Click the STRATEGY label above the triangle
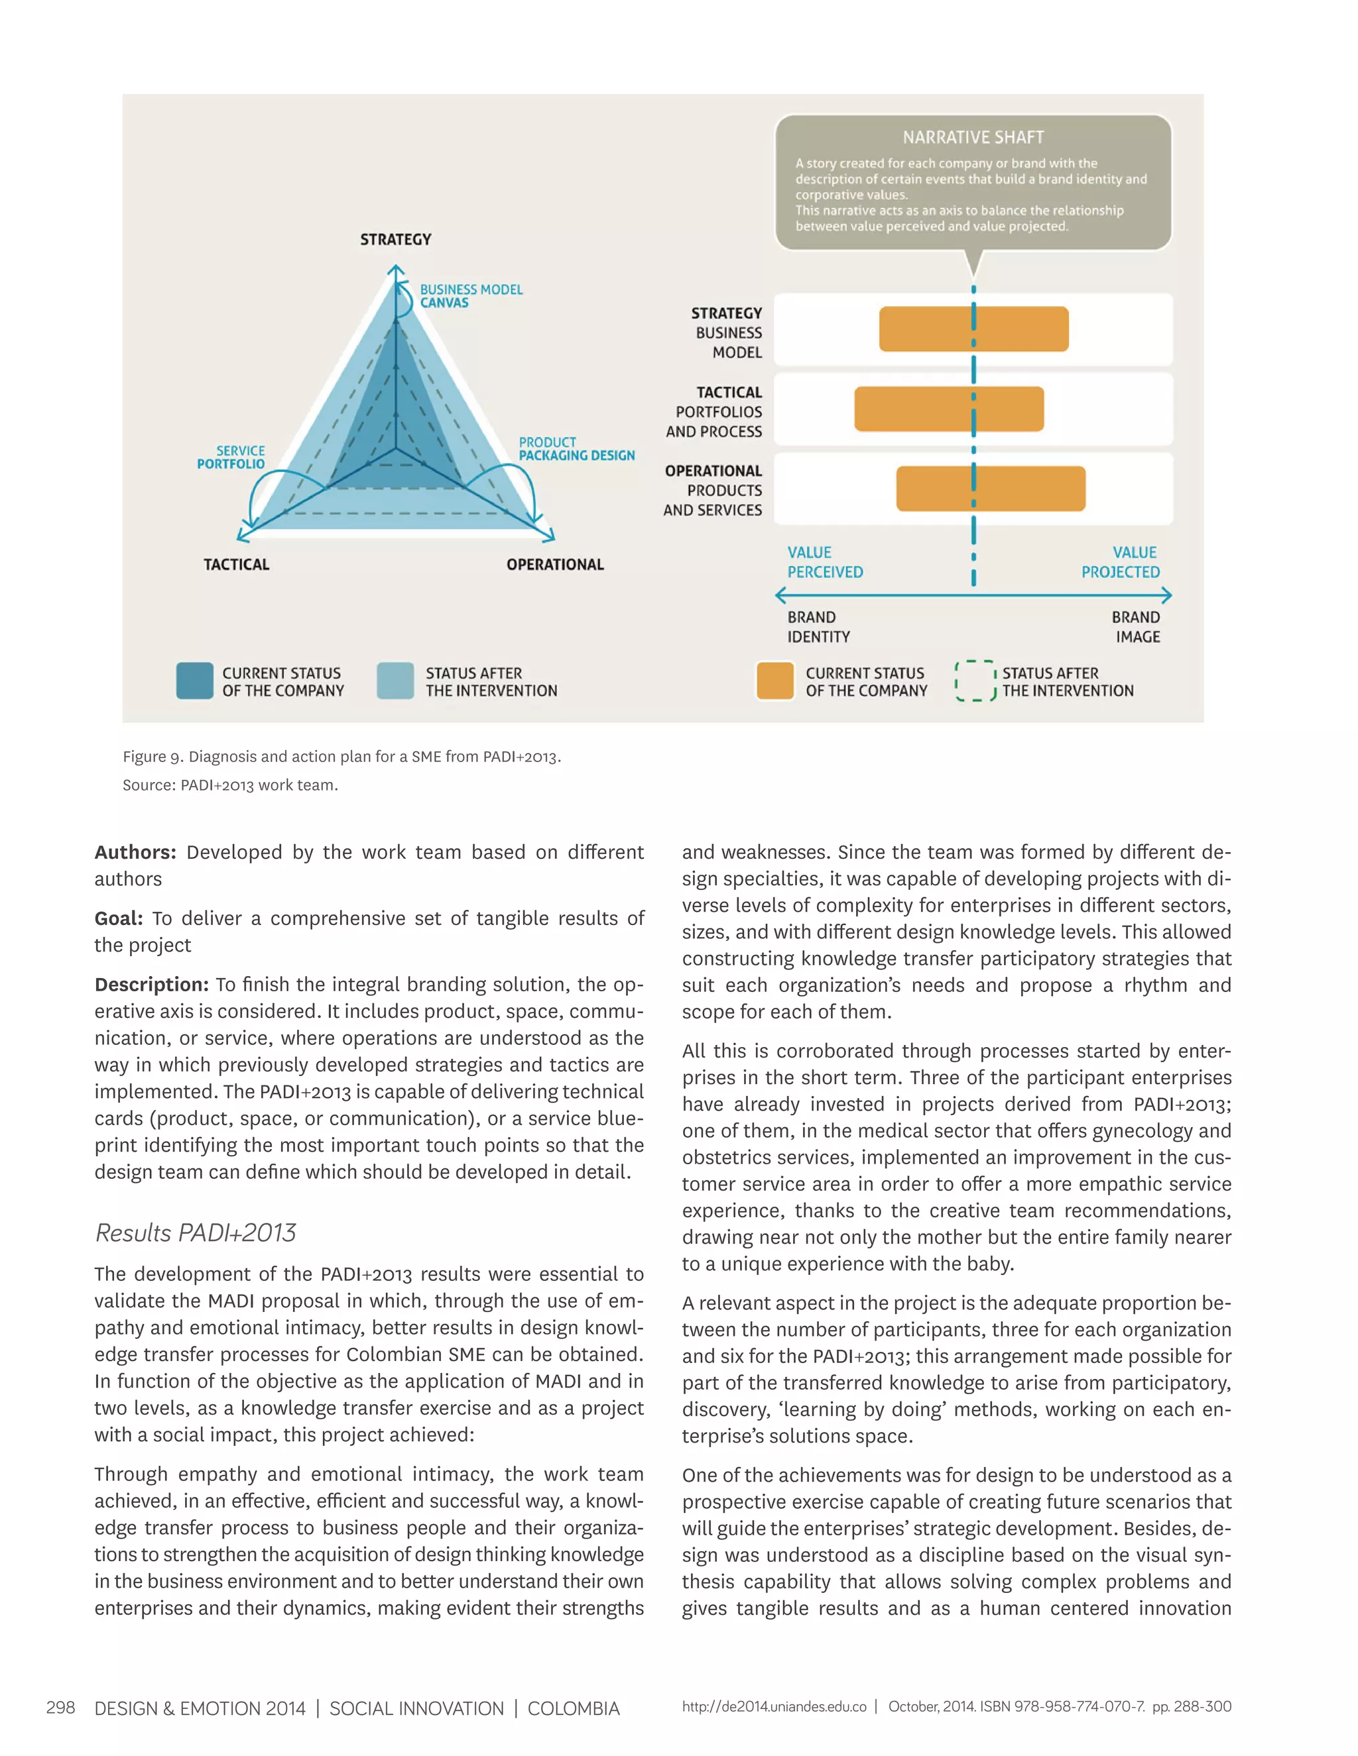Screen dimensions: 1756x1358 [395, 240]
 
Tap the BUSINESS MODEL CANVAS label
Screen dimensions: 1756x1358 [471, 296]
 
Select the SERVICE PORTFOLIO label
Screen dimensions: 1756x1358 [231, 457]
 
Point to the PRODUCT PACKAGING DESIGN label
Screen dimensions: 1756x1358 [576, 449]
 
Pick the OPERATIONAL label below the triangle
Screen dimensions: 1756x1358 [554, 565]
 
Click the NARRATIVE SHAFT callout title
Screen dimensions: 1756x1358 [973, 137]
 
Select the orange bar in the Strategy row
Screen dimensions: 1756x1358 [973, 329]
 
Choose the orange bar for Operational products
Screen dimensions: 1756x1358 [991, 488]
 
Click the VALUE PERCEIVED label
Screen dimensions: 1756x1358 [825, 562]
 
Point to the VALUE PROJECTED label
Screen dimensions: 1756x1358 [1120, 562]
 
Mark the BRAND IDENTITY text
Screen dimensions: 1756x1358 [818, 626]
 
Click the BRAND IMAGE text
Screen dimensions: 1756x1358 [1136, 626]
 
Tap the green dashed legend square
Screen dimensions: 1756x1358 [975, 681]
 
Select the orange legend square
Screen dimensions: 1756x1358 [774, 681]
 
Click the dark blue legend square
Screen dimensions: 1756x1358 [195, 681]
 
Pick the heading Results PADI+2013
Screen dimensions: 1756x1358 [196, 1233]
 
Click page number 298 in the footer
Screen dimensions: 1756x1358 [60, 1708]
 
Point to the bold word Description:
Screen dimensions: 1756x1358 [151, 984]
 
